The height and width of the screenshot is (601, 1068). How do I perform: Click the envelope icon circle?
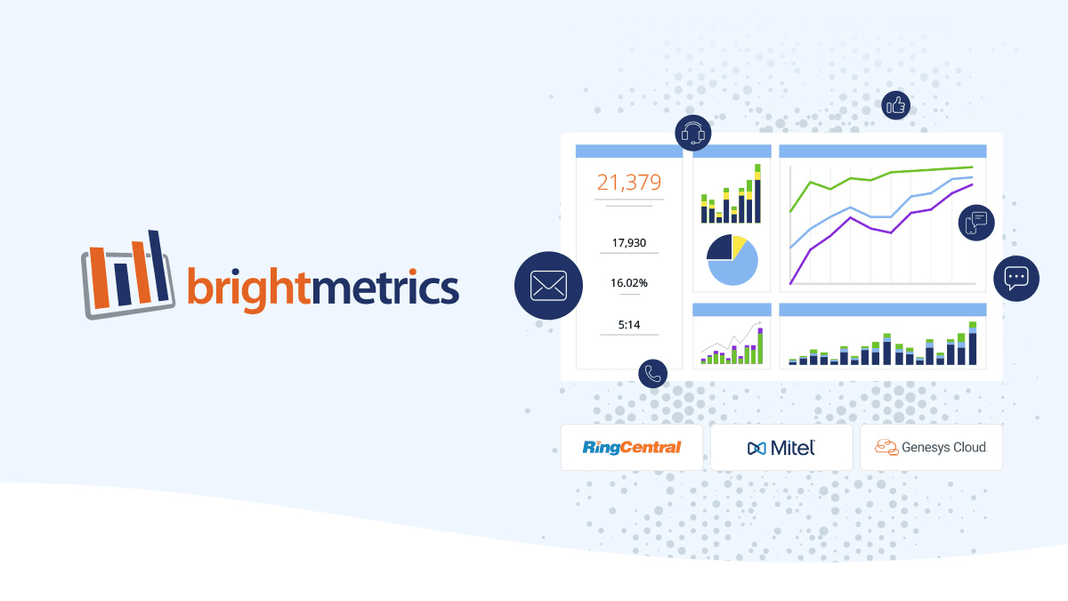(x=548, y=285)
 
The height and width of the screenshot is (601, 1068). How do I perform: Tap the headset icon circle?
(x=692, y=133)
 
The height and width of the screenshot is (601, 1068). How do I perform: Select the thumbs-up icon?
(x=895, y=105)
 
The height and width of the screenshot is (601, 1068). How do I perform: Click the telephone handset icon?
(x=652, y=373)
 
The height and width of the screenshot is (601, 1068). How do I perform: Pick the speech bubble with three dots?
(x=1016, y=279)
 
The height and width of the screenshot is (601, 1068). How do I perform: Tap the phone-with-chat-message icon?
(x=976, y=223)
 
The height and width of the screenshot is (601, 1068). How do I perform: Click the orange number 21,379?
(x=629, y=182)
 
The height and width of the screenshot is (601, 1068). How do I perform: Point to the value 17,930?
(x=629, y=243)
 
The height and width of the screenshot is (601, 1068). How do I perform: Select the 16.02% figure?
(x=629, y=283)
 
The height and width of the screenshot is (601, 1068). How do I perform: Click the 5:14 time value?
(x=629, y=325)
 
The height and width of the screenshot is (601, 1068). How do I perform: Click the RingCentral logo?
(x=632, y=447)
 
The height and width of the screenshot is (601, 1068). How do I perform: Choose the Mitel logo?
(x=781, y=448)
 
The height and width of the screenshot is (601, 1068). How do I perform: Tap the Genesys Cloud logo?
(x=930, y=447)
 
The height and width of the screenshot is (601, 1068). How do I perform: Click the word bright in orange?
(x=248, y=288)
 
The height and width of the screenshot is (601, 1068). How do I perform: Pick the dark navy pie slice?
(x=720, y=248)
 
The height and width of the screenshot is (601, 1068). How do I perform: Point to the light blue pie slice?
(x=737, y=270)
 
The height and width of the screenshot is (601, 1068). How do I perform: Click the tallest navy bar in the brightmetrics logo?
(x=158, y=265)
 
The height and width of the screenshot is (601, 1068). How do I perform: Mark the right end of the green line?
(x=973, y=167)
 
